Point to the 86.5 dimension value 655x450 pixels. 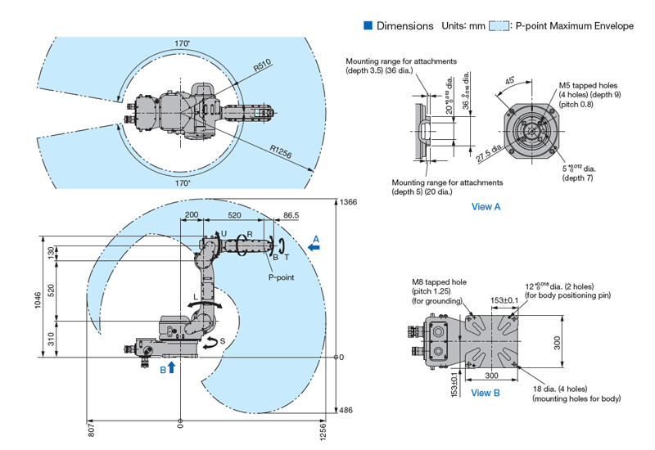click(x=291, y=215)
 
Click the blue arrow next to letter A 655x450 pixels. click(x=315, y=245)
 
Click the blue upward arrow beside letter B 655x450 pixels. click(x=171, y=369)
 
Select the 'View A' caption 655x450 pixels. click(x=486, y=207)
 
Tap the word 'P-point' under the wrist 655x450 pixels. click(x=282, y=277)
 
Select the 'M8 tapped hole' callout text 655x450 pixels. click(x=440, y=282)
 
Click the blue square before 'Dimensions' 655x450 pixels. click(x=368, y=25)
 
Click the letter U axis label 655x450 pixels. click(x=224, y=234)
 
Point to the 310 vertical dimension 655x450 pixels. click(x=51, y=338)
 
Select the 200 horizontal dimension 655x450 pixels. click(x=192, y=215)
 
